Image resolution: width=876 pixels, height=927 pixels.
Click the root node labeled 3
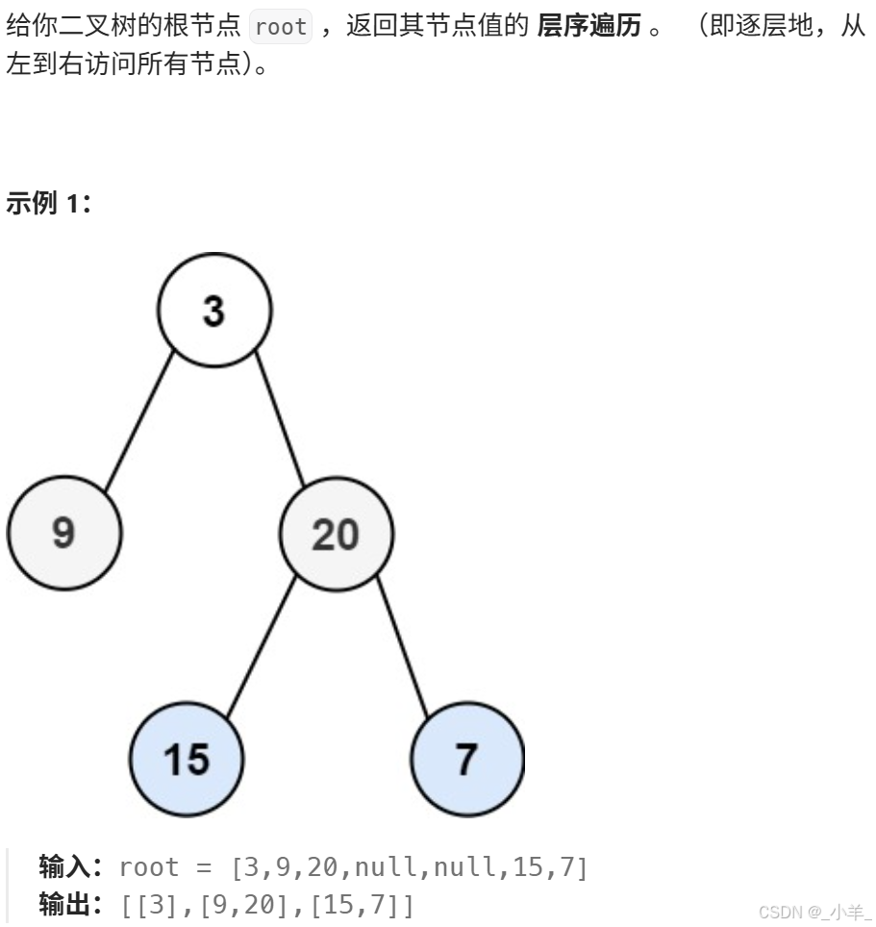214,311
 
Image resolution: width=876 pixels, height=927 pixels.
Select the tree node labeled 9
64,532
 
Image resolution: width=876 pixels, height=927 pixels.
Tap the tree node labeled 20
336,535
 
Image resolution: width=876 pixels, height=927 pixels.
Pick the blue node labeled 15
187,759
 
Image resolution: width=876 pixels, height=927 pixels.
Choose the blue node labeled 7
467,759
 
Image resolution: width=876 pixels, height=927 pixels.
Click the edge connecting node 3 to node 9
138,422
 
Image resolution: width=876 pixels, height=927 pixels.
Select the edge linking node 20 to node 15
262,645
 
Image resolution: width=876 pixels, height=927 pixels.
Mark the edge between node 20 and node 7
402,646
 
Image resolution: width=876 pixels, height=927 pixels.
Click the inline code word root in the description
281,27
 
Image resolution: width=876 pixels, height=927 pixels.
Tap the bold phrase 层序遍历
588,27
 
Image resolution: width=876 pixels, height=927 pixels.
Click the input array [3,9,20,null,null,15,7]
409,867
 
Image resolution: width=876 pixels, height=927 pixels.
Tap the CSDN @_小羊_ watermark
813,912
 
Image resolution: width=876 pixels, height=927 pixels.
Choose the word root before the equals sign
149,867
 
